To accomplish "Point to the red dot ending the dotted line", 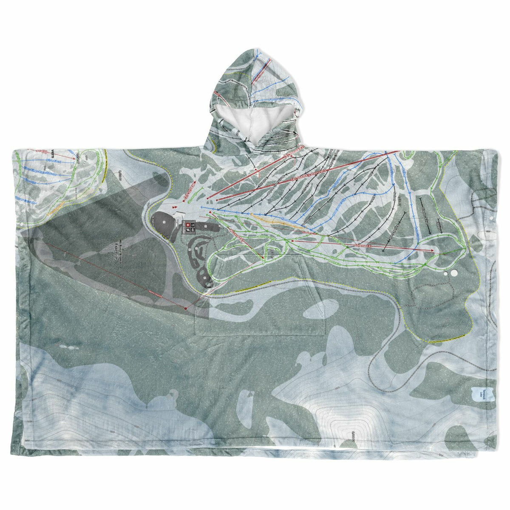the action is [185, 307].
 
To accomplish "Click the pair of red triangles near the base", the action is [175, 207].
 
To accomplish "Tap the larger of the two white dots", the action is [453, 273].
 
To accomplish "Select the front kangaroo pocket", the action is [259, 306].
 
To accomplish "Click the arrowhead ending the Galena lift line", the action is [433, 251].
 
